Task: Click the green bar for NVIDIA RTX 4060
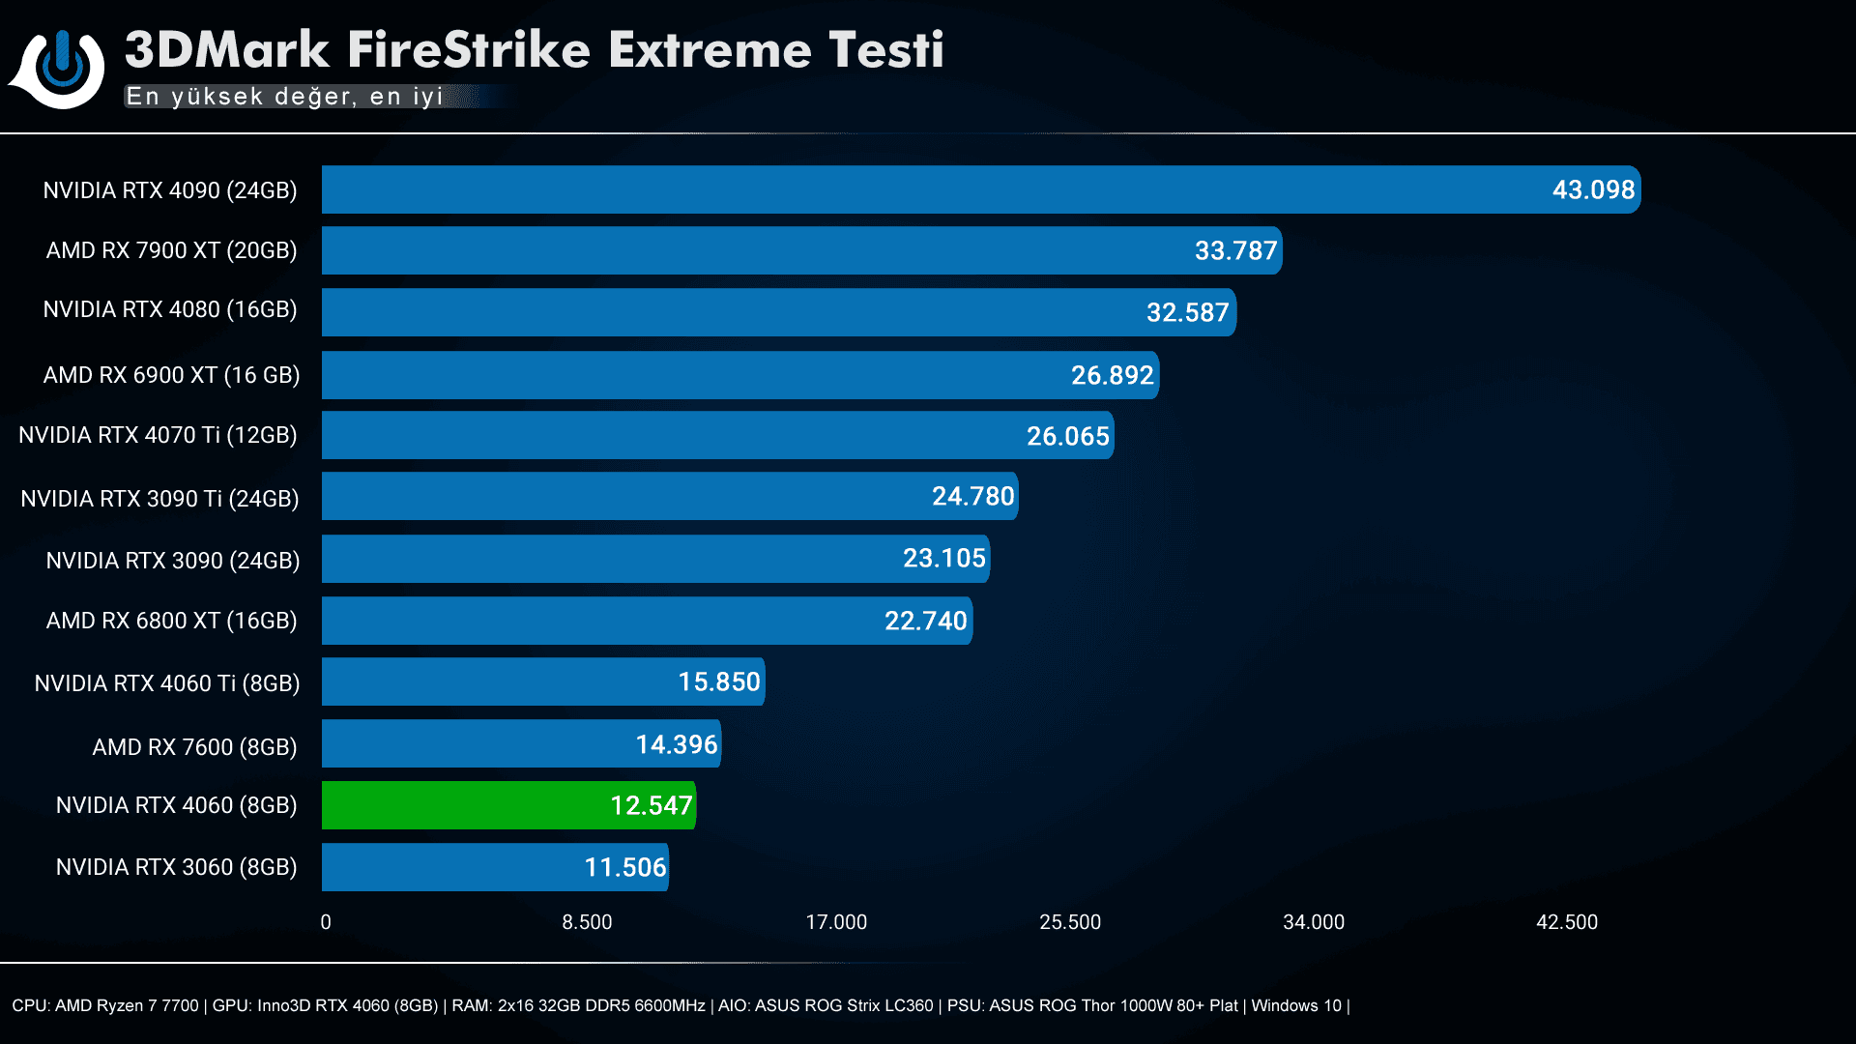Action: (507, 805)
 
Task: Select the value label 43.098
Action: (1593, 189)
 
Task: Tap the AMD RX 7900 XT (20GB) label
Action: (171, 250)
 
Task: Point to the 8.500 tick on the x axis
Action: (587, 922)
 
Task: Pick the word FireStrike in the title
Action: (468, 50)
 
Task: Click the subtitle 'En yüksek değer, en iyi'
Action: (284, 97)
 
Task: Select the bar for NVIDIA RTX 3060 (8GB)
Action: (494, 867)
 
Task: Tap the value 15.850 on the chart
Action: (718, 682)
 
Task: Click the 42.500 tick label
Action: (1566, 922)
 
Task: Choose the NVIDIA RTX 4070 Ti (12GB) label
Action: (158, 435)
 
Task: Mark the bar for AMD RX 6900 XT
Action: (739, 375)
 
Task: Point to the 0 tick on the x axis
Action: (326, 922)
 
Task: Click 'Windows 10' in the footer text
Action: (1295, 1005)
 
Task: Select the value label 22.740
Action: (925, 621)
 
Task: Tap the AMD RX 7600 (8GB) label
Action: (194, 747)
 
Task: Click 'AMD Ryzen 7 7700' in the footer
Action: (127, 1005)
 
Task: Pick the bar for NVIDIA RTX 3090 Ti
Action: (669, 497)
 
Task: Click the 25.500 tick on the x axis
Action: (1069, 922)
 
